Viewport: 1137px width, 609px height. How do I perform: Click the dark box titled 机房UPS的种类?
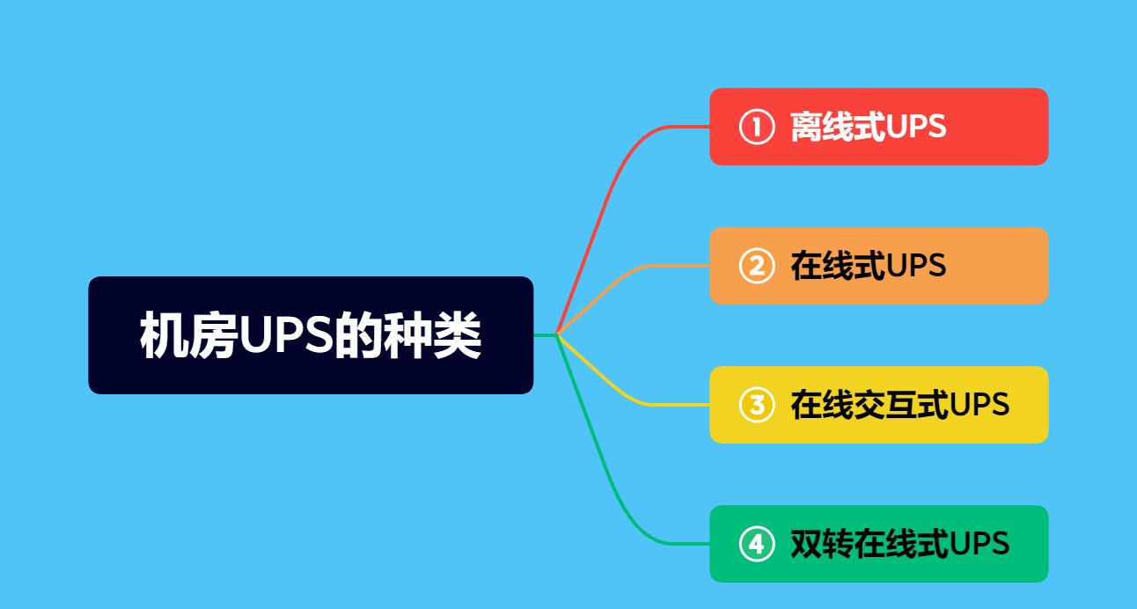311,335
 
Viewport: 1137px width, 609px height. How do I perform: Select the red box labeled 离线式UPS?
878,127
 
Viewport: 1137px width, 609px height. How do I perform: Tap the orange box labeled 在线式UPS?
878,266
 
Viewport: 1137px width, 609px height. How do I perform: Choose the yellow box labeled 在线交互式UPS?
878,405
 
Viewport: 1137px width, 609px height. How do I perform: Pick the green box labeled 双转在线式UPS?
878,544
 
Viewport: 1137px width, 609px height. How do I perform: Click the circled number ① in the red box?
755,127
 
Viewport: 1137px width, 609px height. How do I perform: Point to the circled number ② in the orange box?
755,266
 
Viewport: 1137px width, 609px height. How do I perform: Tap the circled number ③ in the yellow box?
755,405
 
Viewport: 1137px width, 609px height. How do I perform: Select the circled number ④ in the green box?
755,544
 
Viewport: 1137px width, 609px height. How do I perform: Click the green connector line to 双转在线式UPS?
616,493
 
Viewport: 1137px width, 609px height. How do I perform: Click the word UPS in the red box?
916,127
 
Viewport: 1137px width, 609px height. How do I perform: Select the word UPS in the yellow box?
979,405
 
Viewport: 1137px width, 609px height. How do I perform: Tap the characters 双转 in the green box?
821,544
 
